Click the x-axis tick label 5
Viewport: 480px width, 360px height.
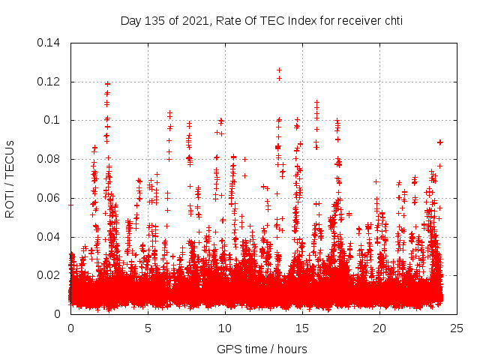click(x=148, y=328)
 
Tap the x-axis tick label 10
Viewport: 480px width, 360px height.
click(x=225, y=328)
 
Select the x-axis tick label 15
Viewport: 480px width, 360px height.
click(x=302, y=328)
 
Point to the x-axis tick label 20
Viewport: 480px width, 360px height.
click(x=379, y=328)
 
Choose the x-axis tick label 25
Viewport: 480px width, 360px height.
click(x=457, y=328)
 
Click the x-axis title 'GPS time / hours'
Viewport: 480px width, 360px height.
click(x=262, y=349)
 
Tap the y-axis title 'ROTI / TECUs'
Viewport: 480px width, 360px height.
click(x=10, y=178)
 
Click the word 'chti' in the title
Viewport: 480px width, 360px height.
click(x=392, y=21)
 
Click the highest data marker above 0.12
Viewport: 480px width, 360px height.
click(x=279, y=70)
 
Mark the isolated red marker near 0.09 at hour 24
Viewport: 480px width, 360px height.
click(x=440, y=142)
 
